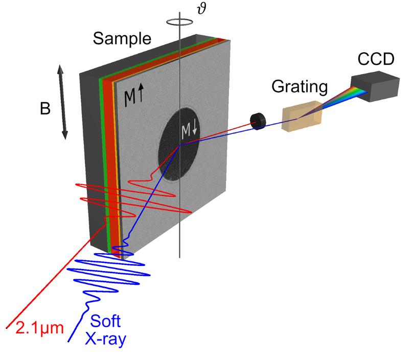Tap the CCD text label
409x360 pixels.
(x=375, y=59)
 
